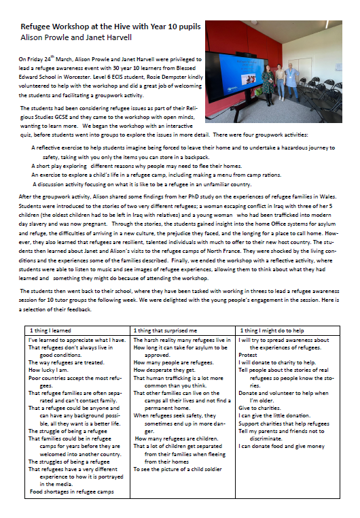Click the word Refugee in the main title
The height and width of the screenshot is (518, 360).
pos(40,27)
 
